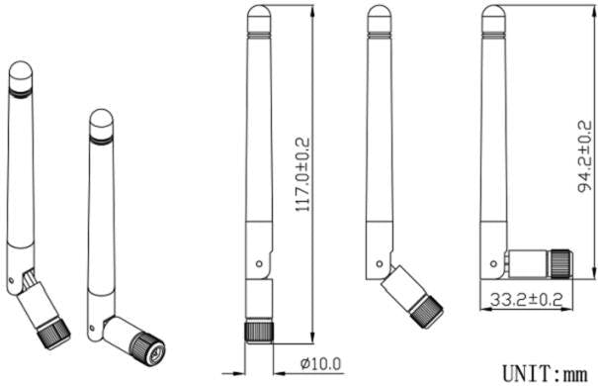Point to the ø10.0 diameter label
[317, 363]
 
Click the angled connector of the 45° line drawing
[415, 295]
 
